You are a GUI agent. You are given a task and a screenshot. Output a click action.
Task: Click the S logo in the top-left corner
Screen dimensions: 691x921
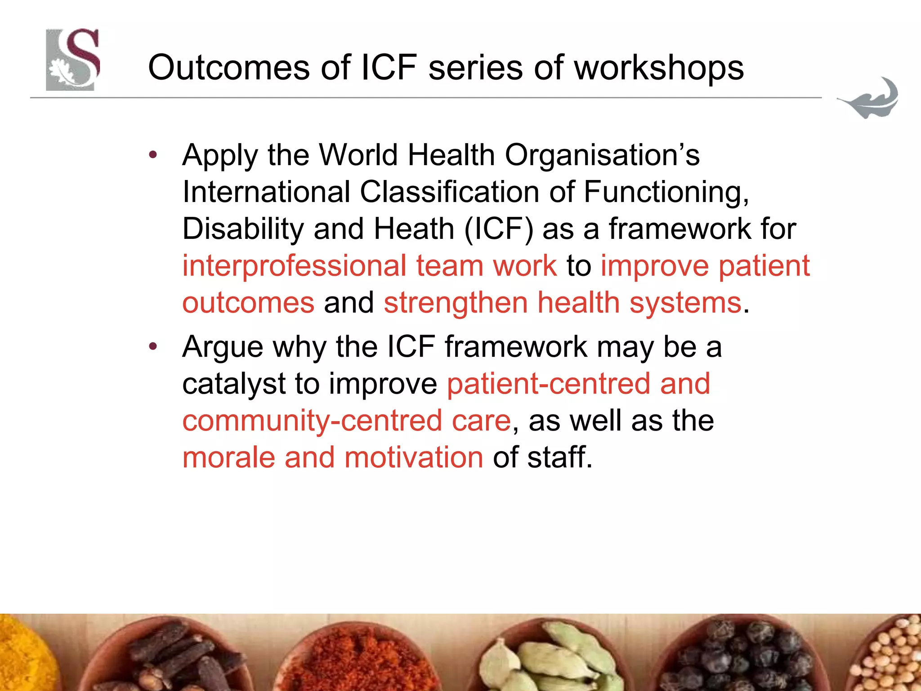coord(73,60)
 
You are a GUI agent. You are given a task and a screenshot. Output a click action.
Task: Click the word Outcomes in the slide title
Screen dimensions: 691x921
coord(228,68)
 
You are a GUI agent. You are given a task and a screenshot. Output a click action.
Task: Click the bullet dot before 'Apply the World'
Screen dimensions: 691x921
coord(153,155)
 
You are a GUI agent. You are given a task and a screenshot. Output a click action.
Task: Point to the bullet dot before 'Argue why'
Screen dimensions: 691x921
coord(153,346)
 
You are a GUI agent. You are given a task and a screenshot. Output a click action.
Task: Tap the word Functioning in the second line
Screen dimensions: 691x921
coord(666,192)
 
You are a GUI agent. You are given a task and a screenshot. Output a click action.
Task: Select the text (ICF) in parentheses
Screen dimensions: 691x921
coord(498,229)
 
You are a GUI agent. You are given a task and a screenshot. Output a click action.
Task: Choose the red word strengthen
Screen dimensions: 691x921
coord(456,302)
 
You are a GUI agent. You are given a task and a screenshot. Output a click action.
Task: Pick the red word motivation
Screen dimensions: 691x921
coord(414,458)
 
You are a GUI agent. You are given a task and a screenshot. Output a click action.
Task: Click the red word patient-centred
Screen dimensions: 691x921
coord(548,384)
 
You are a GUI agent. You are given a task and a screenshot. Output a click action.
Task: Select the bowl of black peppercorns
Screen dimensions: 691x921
coord(742,657)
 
